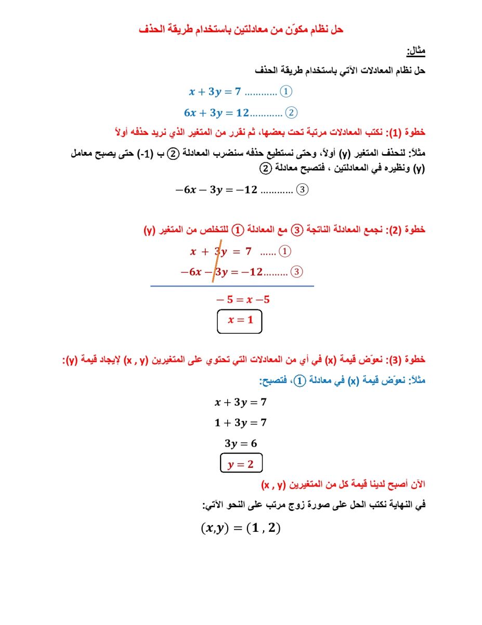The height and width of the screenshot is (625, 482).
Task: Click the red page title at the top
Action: [241, 30]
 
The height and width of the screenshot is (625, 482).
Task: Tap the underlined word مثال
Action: [415, 51]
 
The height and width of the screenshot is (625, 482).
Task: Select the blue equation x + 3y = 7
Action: [215, 92]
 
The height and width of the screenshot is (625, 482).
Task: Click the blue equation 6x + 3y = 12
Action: [217, 113]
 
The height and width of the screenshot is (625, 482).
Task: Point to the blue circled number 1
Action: [286, 92]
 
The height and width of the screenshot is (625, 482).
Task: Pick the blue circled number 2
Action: [291, 113]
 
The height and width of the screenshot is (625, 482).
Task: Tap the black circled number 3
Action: [302, 190]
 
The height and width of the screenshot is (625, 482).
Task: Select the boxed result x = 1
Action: [240, 320]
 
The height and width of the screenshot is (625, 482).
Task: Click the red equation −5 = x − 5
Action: [243, 300]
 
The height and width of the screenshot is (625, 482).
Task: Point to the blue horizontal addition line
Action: [232, 286]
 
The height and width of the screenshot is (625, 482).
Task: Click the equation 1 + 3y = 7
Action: [240, 423]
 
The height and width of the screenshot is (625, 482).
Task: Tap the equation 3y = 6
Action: [240, 444]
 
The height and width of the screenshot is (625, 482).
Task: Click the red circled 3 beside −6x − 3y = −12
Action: [297, 272]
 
